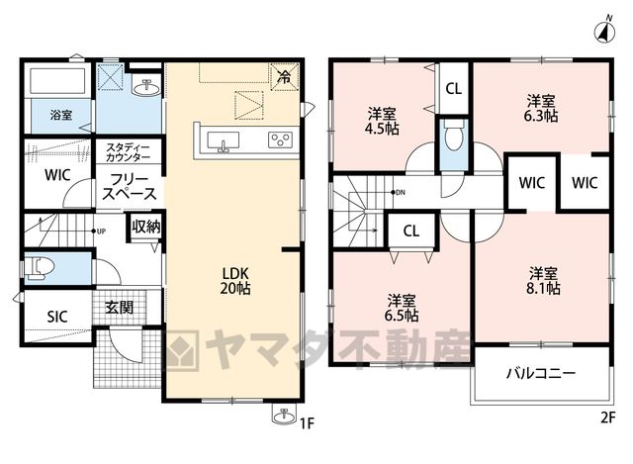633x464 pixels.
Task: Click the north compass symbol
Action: [604, 31]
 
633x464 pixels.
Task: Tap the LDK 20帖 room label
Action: [235, 281]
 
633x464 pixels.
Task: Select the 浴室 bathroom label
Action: [61, 115]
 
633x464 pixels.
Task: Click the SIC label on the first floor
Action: [57, 317]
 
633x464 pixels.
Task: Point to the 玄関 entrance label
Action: [119, 308]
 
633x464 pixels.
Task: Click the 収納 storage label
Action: [146, 227]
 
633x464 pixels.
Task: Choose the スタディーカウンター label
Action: [129, 152]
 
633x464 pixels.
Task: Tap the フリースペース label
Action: [130, 187]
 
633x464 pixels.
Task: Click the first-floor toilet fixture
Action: [40, 267]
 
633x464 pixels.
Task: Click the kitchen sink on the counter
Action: [223, 141]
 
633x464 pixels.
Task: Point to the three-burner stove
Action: [280, 139]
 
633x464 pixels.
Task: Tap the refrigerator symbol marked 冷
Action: [285, 76]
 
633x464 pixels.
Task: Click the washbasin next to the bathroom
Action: [146, 88]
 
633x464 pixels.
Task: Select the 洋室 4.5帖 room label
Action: [383, 121]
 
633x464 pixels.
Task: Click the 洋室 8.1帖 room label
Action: [543, 281]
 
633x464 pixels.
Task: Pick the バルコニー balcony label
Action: [541, 373]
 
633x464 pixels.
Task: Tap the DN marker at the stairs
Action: [398, 193]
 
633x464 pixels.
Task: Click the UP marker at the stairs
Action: [99, 232]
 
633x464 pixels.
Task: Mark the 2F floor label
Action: [608, 418]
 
